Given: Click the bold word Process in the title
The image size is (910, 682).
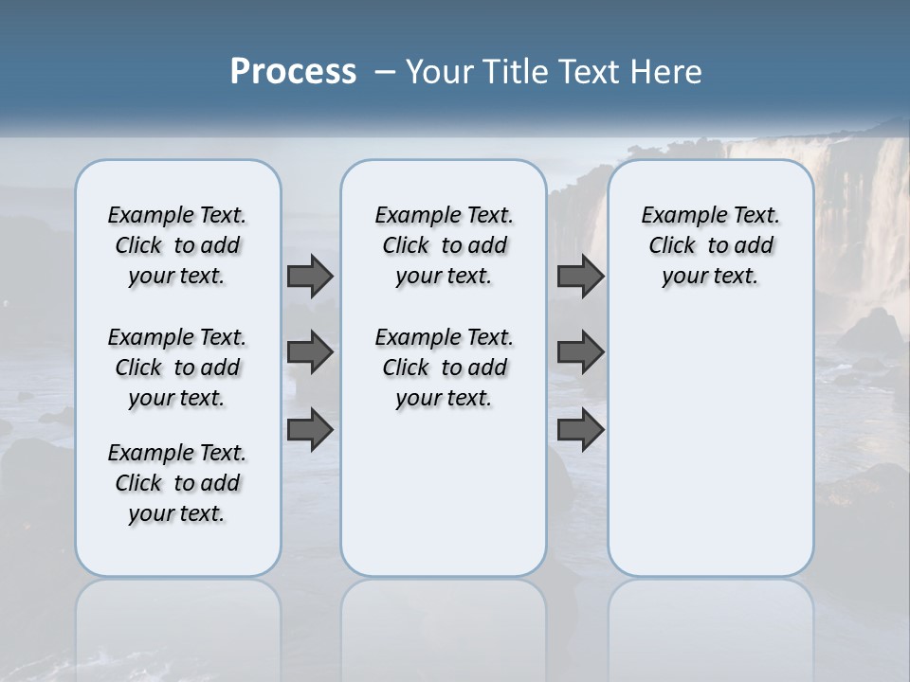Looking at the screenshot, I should point(293,72).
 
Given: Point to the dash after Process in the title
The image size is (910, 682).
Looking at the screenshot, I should point(385,73).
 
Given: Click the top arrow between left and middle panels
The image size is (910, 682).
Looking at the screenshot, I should point(310,276).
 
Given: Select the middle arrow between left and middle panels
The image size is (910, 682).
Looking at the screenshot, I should point(310,352).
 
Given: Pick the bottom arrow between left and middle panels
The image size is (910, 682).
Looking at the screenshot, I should point(310,428).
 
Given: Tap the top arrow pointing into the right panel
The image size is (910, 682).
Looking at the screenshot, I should point(580,276).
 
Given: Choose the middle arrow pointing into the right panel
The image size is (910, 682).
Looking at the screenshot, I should point(580,352).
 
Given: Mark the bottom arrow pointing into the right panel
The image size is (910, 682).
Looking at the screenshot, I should point(580,429).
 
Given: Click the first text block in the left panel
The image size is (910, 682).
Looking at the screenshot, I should point(177,245).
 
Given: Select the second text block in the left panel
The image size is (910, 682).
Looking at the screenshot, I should point(177,368).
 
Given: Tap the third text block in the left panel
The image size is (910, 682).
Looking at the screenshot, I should point(177,483).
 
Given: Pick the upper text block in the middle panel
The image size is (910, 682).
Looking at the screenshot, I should point(444,245).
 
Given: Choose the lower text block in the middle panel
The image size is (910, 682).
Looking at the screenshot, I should point(444,368).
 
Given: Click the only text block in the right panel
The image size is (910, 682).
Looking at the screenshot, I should point(710,245).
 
